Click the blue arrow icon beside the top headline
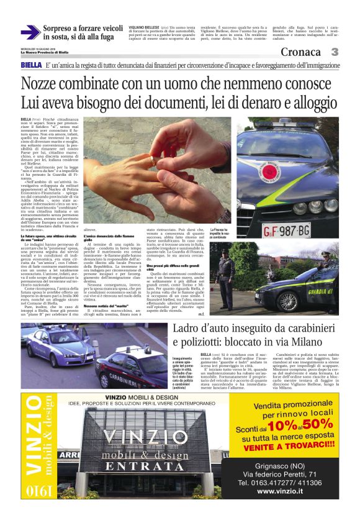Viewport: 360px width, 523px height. point(30,32)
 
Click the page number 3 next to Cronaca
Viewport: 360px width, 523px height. point(335,53)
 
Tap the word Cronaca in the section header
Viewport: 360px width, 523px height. point(303,53)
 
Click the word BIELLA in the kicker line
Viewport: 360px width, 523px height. point(31,65)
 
